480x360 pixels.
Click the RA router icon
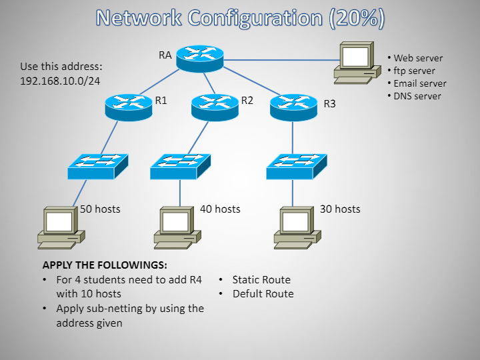pyautogui.click(x=199, y=59)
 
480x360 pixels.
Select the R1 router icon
pyautogui.click(x=129, y=105)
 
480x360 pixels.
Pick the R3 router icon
pyautogui.click(x=293, y=106)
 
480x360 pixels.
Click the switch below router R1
pyautogui.click(x=97, y=166)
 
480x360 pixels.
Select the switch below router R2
pyautogui.click(x=180, y=166)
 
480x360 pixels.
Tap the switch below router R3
pyautogui.click(x=297, y=166)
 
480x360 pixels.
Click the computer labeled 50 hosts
pyautogui.click(x=60, y=227)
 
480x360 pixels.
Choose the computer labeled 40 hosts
pyautogui.click(x=176, y=227)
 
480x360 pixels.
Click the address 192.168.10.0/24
pyautogui.click(x=61, y=81)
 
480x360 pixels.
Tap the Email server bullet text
pyautogui.click(x=419, y=83)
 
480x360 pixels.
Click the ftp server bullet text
pyautogui.click(x=414, y=71)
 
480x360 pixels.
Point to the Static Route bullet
pyautogui.click(x=261, y=280)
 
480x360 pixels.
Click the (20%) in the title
pyautogui.click(x=357, y=18)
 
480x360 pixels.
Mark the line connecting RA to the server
pyautogui.click(x=280, y=60)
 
